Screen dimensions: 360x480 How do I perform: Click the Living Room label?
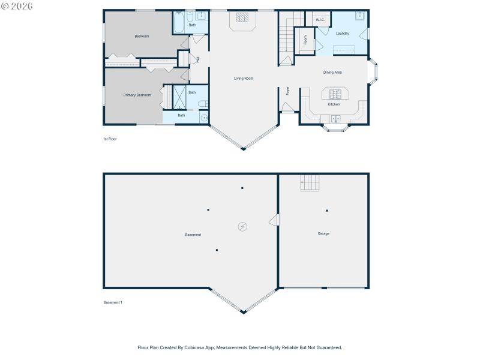pyautogui.click(x=243, y=79)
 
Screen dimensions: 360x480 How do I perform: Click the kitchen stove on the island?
pyautogui.click(x=334, y=94)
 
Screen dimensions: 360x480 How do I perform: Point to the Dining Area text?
pyautogui.click(x=332, y=73)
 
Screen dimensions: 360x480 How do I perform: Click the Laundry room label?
pyautogui.click(x=343, y=34)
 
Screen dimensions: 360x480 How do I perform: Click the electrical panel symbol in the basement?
pyautogui.click(x=242, y=226)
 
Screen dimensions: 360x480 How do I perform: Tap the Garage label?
pyautogui.click(x=323, y=233)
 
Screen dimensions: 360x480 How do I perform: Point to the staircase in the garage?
pyautogui.click(x=310, y=182)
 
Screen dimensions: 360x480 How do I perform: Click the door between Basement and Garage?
pyautogui.click(x=275, y=220)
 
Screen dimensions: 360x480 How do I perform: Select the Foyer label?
pyautogui.click(x=288, y=91)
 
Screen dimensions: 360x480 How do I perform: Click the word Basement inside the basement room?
pyautogui.click(x=193, y=235)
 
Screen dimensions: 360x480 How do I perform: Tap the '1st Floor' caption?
pyautogui.click(x=109, y=139)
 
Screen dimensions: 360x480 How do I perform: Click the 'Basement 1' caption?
pyautogui.click(x=113, y=302)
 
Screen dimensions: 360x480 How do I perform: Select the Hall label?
pyautogui.click(x=198, y=59)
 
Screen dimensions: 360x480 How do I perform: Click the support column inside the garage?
pyautogui.click(x=327, y=211)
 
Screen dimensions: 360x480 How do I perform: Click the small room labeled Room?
pyautogui.click(x=305, y=41)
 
